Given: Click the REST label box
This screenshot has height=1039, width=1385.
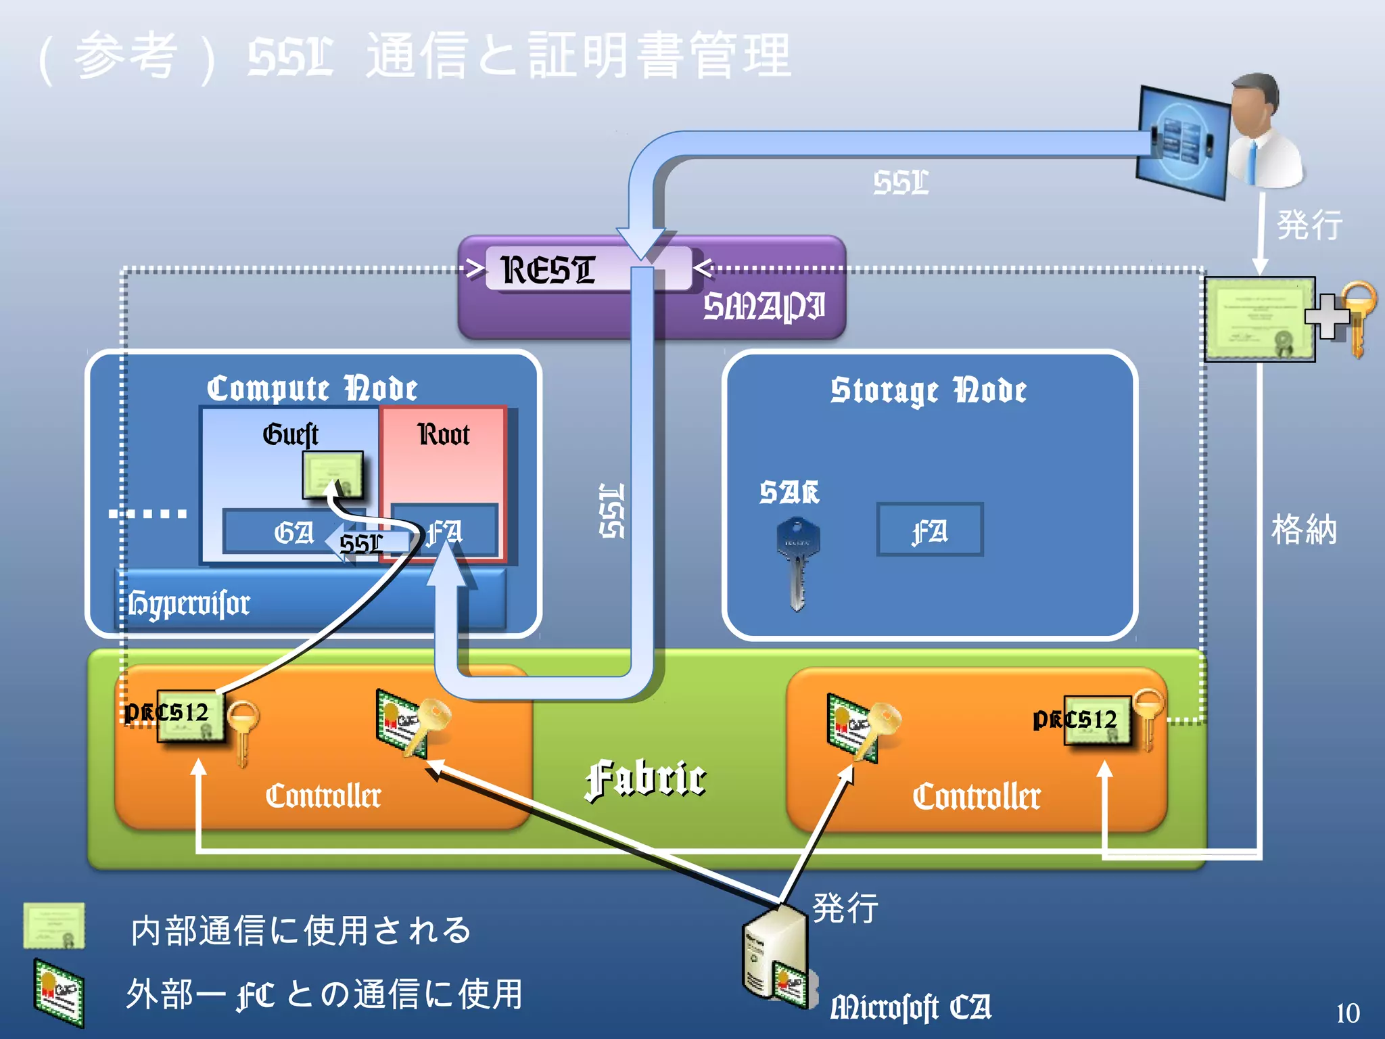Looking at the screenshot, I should pyautogui.click(x=549, y=269).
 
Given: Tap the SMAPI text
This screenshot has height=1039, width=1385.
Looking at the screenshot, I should pyautogui.click(x=764, y=306).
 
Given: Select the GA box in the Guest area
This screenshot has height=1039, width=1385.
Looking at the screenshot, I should pyautogui.click(x=293, y=532).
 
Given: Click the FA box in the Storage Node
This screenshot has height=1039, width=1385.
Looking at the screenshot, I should pyautogui.click(x=929, y=530).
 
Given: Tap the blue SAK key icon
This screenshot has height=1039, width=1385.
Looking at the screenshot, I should pyautogui.click(x=797, y=561).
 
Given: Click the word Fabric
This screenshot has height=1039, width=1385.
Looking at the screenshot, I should pyautogui.click(x=646, y=779).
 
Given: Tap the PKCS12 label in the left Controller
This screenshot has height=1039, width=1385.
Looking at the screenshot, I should pyautogui.click(x=167, y=712).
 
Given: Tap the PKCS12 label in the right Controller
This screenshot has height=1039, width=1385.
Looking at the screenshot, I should pyautogui.click(x=1075, y=719).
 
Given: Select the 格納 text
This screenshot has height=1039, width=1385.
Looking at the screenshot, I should pyautogui.click(x=1304, y=529).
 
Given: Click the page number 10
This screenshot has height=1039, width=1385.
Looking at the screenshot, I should pyautogui.click(x=1347, y=1013).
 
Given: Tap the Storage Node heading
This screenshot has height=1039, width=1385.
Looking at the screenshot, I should pyautogui.click(x=929, y=391).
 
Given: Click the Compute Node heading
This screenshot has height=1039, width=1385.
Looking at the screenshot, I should pyautogui.click(x=312, y=389).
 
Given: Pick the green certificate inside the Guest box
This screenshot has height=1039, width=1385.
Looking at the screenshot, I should pyautogui.click(x=332, y=474).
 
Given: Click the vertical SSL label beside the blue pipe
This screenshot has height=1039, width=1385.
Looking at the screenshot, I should pyautogui.click(x=612, y=511).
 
